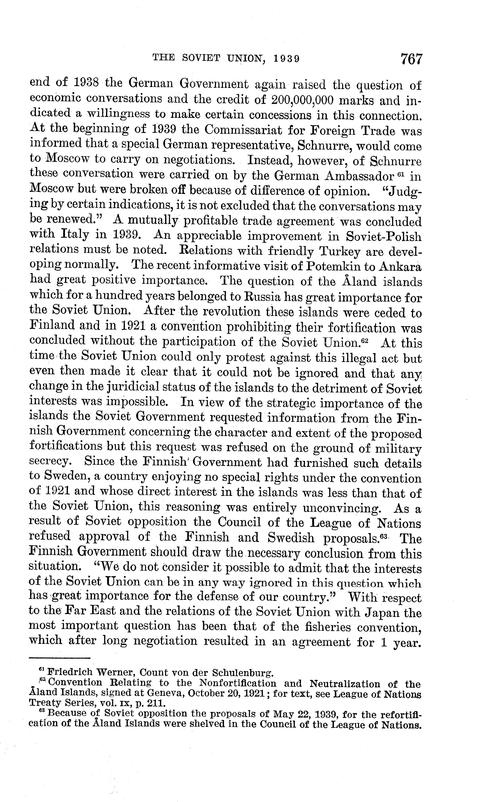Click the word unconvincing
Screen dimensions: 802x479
point(342,508)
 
